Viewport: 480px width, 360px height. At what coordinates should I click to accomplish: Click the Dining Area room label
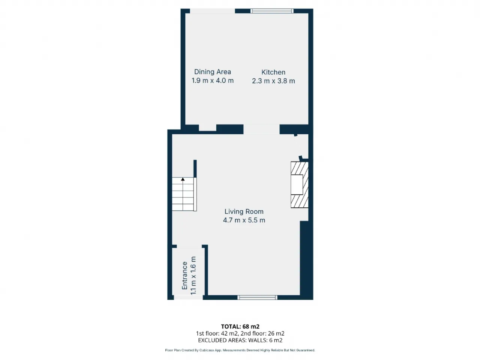click(x=212, y=72)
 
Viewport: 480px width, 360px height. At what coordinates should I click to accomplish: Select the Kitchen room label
click(x=273, y=72)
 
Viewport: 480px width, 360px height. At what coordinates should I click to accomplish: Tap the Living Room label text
click(x=244, y=211)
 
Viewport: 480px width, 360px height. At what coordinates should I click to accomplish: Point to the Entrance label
click(x=184, y=276)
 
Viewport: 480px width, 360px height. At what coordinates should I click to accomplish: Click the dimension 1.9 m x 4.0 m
click(x=212, y=81)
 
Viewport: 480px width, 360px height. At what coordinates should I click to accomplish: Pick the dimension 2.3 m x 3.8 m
click(x=273, y=81)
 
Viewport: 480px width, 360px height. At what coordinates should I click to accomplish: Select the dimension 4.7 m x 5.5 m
click(x=244, y=220)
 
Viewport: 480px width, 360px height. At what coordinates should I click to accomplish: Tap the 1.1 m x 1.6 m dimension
click(x=193, y=276)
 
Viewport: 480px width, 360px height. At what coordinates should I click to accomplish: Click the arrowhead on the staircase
click(x=183, y=180)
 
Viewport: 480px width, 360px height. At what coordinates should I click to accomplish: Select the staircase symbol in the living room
click(x=184, y=194)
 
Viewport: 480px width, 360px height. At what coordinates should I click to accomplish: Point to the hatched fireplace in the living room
click(x=299, y=184)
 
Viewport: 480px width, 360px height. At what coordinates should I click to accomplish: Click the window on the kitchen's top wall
click(x=272, y=11)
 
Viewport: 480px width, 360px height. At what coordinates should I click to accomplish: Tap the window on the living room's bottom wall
click(x=257, y=298)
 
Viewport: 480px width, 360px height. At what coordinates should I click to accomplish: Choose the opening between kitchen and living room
click(x=261, y=129)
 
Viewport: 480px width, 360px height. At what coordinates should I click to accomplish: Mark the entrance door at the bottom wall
click(x=188, y=298)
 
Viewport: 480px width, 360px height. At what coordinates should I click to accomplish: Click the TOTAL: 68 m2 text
click(x=240, y=326)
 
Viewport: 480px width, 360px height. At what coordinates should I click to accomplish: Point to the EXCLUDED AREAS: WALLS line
click(x=240, y=340)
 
